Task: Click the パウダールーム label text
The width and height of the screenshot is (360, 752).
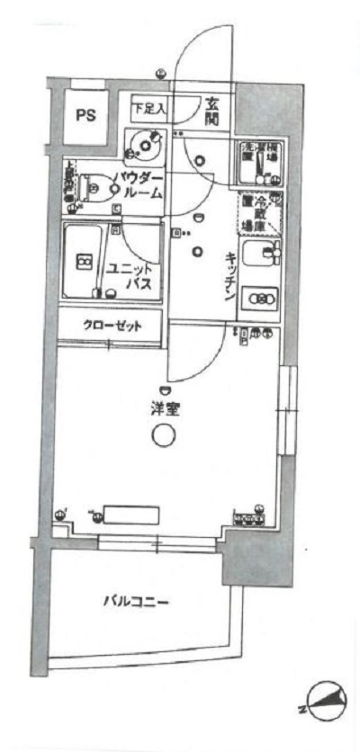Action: coord(138,185)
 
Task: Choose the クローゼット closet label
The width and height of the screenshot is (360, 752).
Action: coord(112,324)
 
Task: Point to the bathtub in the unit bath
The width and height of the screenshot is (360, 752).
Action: coord(83,263)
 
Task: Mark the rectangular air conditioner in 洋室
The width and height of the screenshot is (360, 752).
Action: coord(130,515)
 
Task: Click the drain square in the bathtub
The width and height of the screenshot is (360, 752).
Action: coord(84,262)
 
